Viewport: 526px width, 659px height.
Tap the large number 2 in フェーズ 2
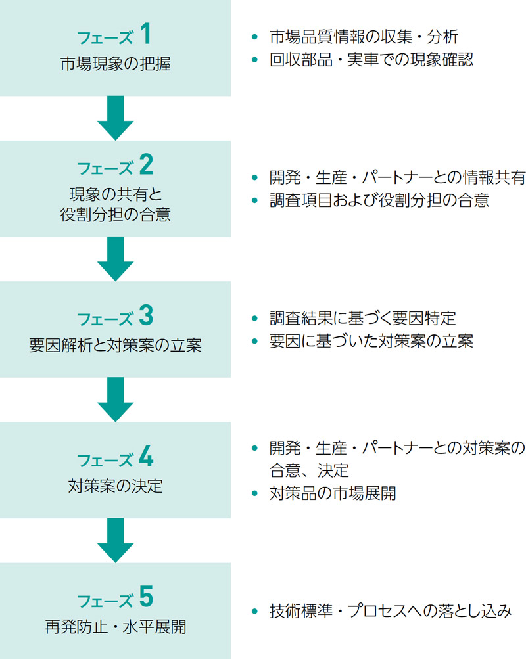click(146, 164)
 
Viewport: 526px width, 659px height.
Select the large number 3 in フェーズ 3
click(146, 316)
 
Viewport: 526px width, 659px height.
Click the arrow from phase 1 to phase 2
click(115, 118)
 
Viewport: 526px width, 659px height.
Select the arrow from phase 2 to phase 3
click(115, 259)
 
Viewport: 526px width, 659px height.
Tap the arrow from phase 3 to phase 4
click(115, 399)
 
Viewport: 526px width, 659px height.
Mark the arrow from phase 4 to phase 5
click(115, 540)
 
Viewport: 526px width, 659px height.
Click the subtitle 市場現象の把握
click(115, 64)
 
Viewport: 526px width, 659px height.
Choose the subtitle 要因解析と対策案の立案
click(115, 345)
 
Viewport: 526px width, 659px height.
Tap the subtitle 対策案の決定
click(115, 486)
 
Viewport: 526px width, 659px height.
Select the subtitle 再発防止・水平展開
click(115, 627)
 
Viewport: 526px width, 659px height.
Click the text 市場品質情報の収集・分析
click(364, 37)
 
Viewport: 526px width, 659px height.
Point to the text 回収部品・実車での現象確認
click(371, 60)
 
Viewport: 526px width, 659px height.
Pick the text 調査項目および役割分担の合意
click(379, 200)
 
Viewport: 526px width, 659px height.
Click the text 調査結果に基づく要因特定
click(362, 318)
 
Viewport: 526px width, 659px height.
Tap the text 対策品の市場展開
click(333, 493)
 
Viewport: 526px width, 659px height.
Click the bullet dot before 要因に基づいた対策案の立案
click(255, 342)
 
